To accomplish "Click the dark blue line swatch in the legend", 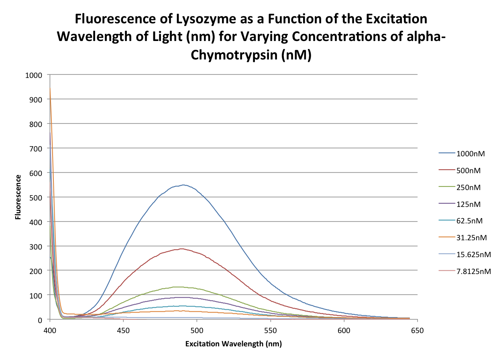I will [x=447, y=153].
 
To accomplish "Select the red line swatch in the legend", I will [x=447, y=170].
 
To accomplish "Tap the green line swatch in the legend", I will [x=447, y=186].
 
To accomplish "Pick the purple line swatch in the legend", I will [x=447, y=203].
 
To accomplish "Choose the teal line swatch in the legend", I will [x=447, y=220].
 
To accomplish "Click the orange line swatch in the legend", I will [x=447, y=237].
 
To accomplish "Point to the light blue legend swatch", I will [x=447, y=254].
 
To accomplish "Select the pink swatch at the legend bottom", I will [x=447, y=271].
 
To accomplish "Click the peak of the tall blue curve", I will [x=183, y=185].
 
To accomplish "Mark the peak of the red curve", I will [x=182, y=249].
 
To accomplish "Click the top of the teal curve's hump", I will [x=181, y=306].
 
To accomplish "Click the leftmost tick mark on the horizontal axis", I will [x=50, y=321].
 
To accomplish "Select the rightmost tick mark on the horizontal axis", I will [x=417, y=321].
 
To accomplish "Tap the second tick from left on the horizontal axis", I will [x=124, y=321].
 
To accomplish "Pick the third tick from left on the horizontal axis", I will [x=197, y=321].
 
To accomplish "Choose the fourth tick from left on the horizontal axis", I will [x=271, y=321].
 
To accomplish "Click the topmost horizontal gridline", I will [x=233, y=74].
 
